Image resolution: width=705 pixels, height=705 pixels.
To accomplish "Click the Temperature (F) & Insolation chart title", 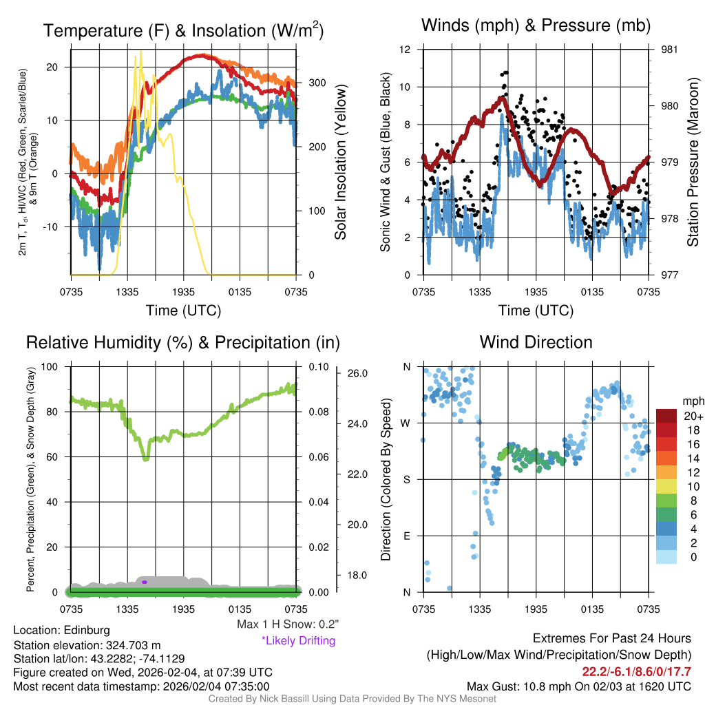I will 183,31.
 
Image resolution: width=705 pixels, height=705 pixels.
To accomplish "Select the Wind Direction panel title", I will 536,342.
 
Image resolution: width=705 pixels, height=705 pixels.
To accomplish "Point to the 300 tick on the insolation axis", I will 317,83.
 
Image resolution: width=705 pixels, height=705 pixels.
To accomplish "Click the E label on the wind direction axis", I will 407,536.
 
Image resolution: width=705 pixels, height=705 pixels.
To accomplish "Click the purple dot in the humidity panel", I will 145,582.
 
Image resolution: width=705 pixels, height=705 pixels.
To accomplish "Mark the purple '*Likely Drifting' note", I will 298,641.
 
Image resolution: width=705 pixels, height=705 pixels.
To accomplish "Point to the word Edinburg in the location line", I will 87,630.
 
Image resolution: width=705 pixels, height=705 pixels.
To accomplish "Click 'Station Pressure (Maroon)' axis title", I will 693,162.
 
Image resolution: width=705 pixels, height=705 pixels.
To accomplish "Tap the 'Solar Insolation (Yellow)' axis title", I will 340,162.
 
